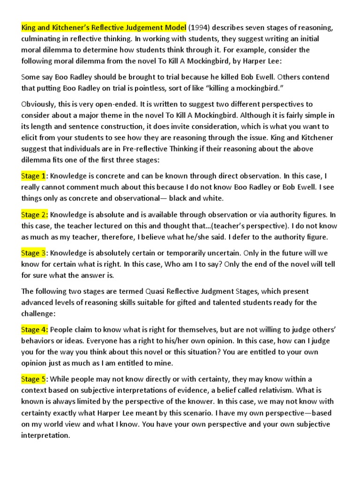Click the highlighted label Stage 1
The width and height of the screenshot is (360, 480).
pos(34,176)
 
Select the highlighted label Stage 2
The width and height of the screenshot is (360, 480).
pos(34,215)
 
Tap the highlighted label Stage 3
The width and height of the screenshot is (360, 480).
pos(34,253)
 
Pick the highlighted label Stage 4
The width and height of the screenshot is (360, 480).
pos(34,330)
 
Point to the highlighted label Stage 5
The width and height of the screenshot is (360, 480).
pos(34,379)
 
